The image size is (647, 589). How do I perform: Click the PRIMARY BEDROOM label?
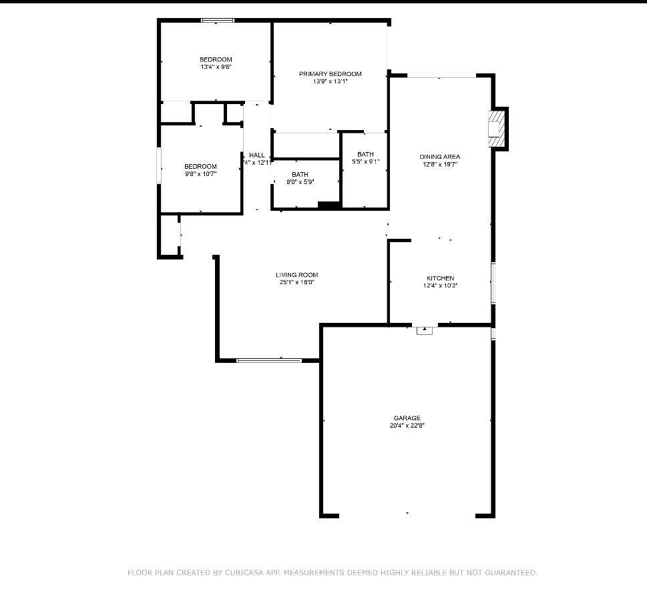(x=330, y=74)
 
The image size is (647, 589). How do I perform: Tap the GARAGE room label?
(x=407, y=418)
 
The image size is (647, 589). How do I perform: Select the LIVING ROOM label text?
(x=297, y=275)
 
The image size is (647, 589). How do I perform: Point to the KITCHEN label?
(x=441, y=278)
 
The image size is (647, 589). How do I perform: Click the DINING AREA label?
(x=439, y=157)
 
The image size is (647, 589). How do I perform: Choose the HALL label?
(x=257, y=155)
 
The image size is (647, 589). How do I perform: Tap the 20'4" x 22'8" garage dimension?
(x=407, y=426)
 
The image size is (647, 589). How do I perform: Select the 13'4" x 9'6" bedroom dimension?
(x=216, y=67)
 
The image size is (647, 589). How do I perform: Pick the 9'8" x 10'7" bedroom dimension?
(x=201, y=173)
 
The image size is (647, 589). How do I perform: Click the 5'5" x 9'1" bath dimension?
(x=365, y=161)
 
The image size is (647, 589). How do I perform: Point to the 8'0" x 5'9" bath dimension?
(x=300, y=181)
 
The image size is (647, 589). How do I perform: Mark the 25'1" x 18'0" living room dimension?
(x=297, y=282)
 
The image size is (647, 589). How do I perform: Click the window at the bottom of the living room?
(x=269, y=361)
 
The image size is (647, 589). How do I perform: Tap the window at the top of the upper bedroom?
(x=218, y=21)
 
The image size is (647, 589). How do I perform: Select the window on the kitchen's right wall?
(x=493, y=283)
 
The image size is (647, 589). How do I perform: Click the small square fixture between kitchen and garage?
(x=425, y=330)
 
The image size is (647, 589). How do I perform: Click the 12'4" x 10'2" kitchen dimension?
(x=441, y=285)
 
